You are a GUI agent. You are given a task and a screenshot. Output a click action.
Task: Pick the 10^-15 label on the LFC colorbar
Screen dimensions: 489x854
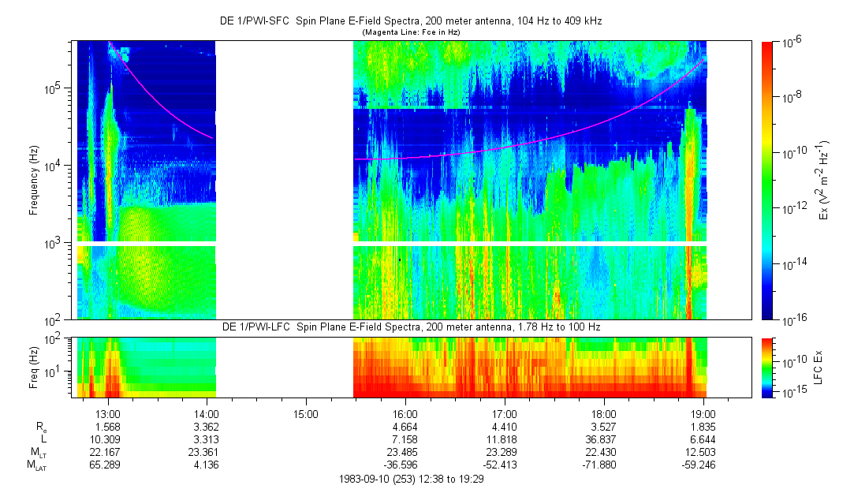791,392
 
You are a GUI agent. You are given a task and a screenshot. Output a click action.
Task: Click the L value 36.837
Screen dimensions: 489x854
603,439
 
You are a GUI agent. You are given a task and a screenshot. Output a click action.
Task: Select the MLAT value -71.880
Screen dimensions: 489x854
603,466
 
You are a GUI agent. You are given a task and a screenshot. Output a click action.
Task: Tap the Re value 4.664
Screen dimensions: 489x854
405,426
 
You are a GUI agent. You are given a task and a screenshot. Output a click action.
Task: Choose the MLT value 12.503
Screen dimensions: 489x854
703,453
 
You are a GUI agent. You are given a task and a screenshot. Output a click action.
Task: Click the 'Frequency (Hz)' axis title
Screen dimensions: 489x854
34,181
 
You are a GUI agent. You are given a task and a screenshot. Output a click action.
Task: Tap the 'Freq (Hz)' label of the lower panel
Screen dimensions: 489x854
34,367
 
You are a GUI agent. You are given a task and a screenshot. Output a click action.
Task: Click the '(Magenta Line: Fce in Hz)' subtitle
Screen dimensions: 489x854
410,32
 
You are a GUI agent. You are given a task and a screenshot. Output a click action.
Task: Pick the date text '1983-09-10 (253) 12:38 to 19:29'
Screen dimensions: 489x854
410,479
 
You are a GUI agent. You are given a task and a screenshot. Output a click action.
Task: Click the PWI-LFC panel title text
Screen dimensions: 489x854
410,327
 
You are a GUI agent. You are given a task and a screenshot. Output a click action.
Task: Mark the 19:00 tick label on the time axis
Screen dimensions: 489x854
703,412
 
